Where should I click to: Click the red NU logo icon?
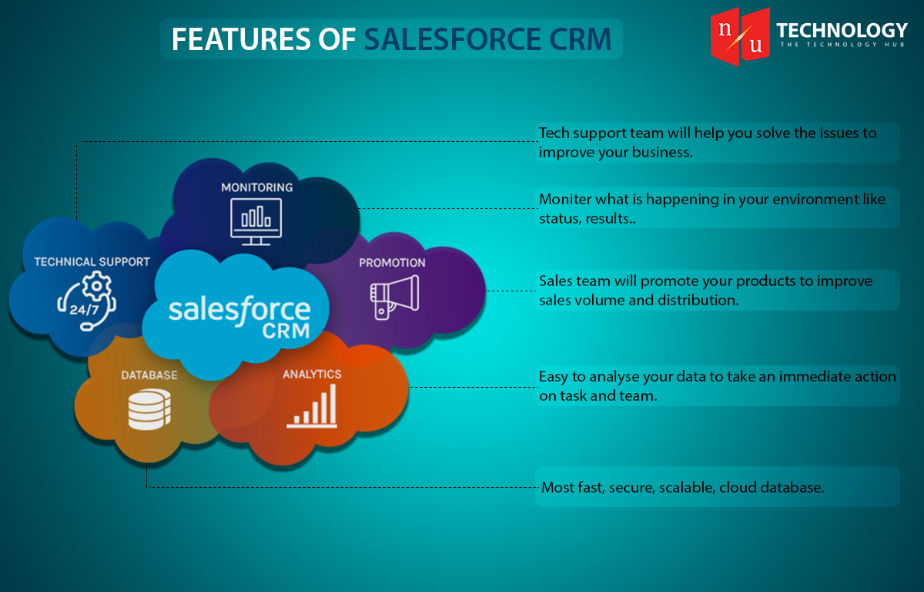[740, 36]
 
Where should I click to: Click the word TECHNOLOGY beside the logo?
[842, 30]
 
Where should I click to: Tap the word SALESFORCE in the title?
[452, 39]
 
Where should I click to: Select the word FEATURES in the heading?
[241, 39]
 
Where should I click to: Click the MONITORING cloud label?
[257, 187]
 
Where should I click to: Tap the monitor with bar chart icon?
[256, 222]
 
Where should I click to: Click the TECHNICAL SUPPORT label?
[92, 262]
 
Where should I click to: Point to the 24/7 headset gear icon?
[87, 301]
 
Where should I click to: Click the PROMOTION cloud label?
[392, 263]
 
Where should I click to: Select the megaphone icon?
[394, 298]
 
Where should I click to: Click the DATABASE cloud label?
[149, 375]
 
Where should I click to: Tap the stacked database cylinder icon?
[149, 409]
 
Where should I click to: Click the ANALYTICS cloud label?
[312, 374]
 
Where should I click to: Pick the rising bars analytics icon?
[313, 405]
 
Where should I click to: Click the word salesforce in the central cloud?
[239, 310]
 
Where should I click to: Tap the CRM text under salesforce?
[286, 331]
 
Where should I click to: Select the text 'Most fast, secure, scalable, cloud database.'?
[683, 487]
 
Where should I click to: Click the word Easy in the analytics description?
[554, 377]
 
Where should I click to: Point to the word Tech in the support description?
[554, 133]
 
